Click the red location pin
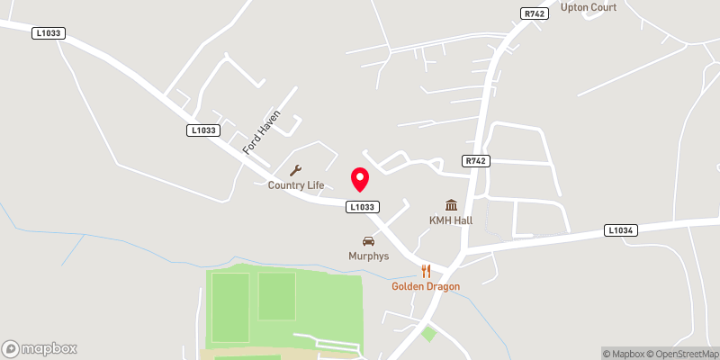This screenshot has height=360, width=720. [360, 179]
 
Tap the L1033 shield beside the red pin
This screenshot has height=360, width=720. [361, 207]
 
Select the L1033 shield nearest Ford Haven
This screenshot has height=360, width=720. [203, 130]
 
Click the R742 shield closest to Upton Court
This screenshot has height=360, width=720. [534, 13]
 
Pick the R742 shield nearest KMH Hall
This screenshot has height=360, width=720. [476, 161]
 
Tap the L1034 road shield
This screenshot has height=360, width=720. [621, 230]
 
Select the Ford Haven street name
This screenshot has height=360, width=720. [263, 131]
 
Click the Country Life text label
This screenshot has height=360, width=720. [295, 185]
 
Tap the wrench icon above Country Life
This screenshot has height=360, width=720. [295, 170]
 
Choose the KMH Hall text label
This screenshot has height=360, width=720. [451, 220]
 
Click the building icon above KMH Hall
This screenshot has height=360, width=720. [451, 205]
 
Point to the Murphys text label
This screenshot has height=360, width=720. [368, 256]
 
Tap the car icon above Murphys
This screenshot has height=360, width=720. [368, 240]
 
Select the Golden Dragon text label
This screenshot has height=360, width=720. [426, 286]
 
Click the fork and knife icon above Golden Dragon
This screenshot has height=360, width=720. [427, 270]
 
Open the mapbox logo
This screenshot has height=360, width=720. [40, 348]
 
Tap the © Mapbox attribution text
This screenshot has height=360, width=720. [623, 354]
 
